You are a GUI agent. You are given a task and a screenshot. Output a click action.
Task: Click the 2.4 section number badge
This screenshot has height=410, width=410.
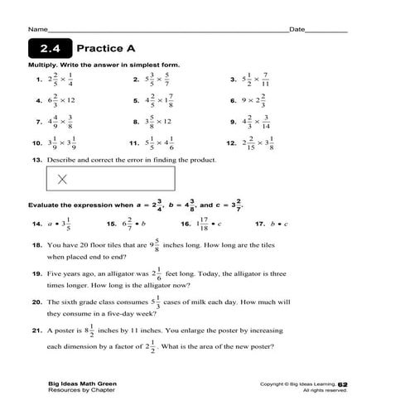(x=49, y=48)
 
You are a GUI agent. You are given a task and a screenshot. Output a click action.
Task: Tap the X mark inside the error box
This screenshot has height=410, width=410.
(x=62, y=177)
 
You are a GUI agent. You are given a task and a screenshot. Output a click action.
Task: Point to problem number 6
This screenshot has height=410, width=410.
(x=234, y=100)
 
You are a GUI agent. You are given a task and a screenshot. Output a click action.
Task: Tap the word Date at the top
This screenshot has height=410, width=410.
(x=295, y=29)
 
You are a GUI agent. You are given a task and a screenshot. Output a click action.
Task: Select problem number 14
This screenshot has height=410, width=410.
(x=36, y=224)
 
